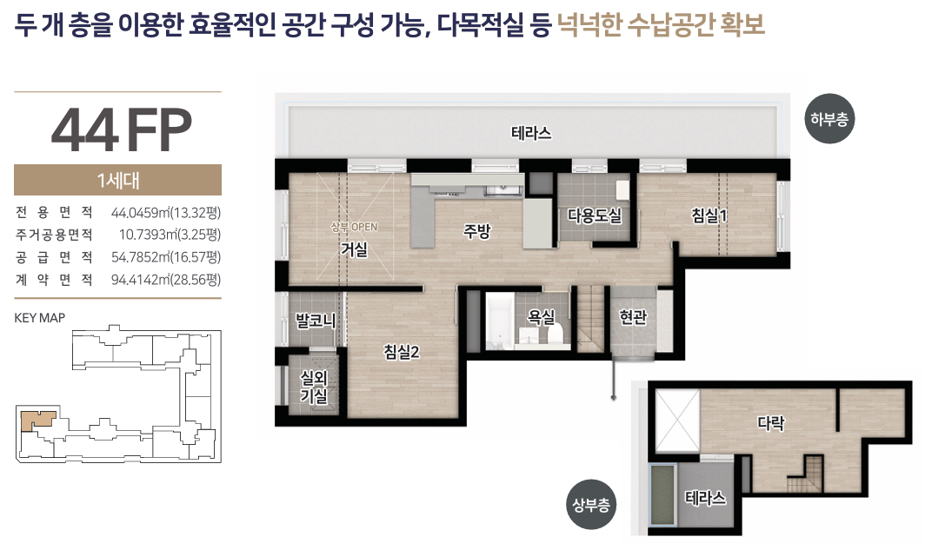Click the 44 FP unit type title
point(122,129)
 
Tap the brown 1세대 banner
point(118,180)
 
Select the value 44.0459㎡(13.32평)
point(166,212)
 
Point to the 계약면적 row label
point(54,280)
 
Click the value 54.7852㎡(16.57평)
point(166,257)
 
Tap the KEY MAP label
point(39,318)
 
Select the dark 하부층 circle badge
point(829,119)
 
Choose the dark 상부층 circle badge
point(591,505)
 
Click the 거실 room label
point(354,249)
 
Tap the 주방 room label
point(476,230)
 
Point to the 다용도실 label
point(595,215)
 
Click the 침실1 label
point(709,215)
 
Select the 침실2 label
point(401,352)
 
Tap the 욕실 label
point(541,317)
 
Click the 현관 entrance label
point(633,317)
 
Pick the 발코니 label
point(316,321)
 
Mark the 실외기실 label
point(314,386)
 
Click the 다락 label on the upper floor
point(771,422)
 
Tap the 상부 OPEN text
point(354,227)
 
